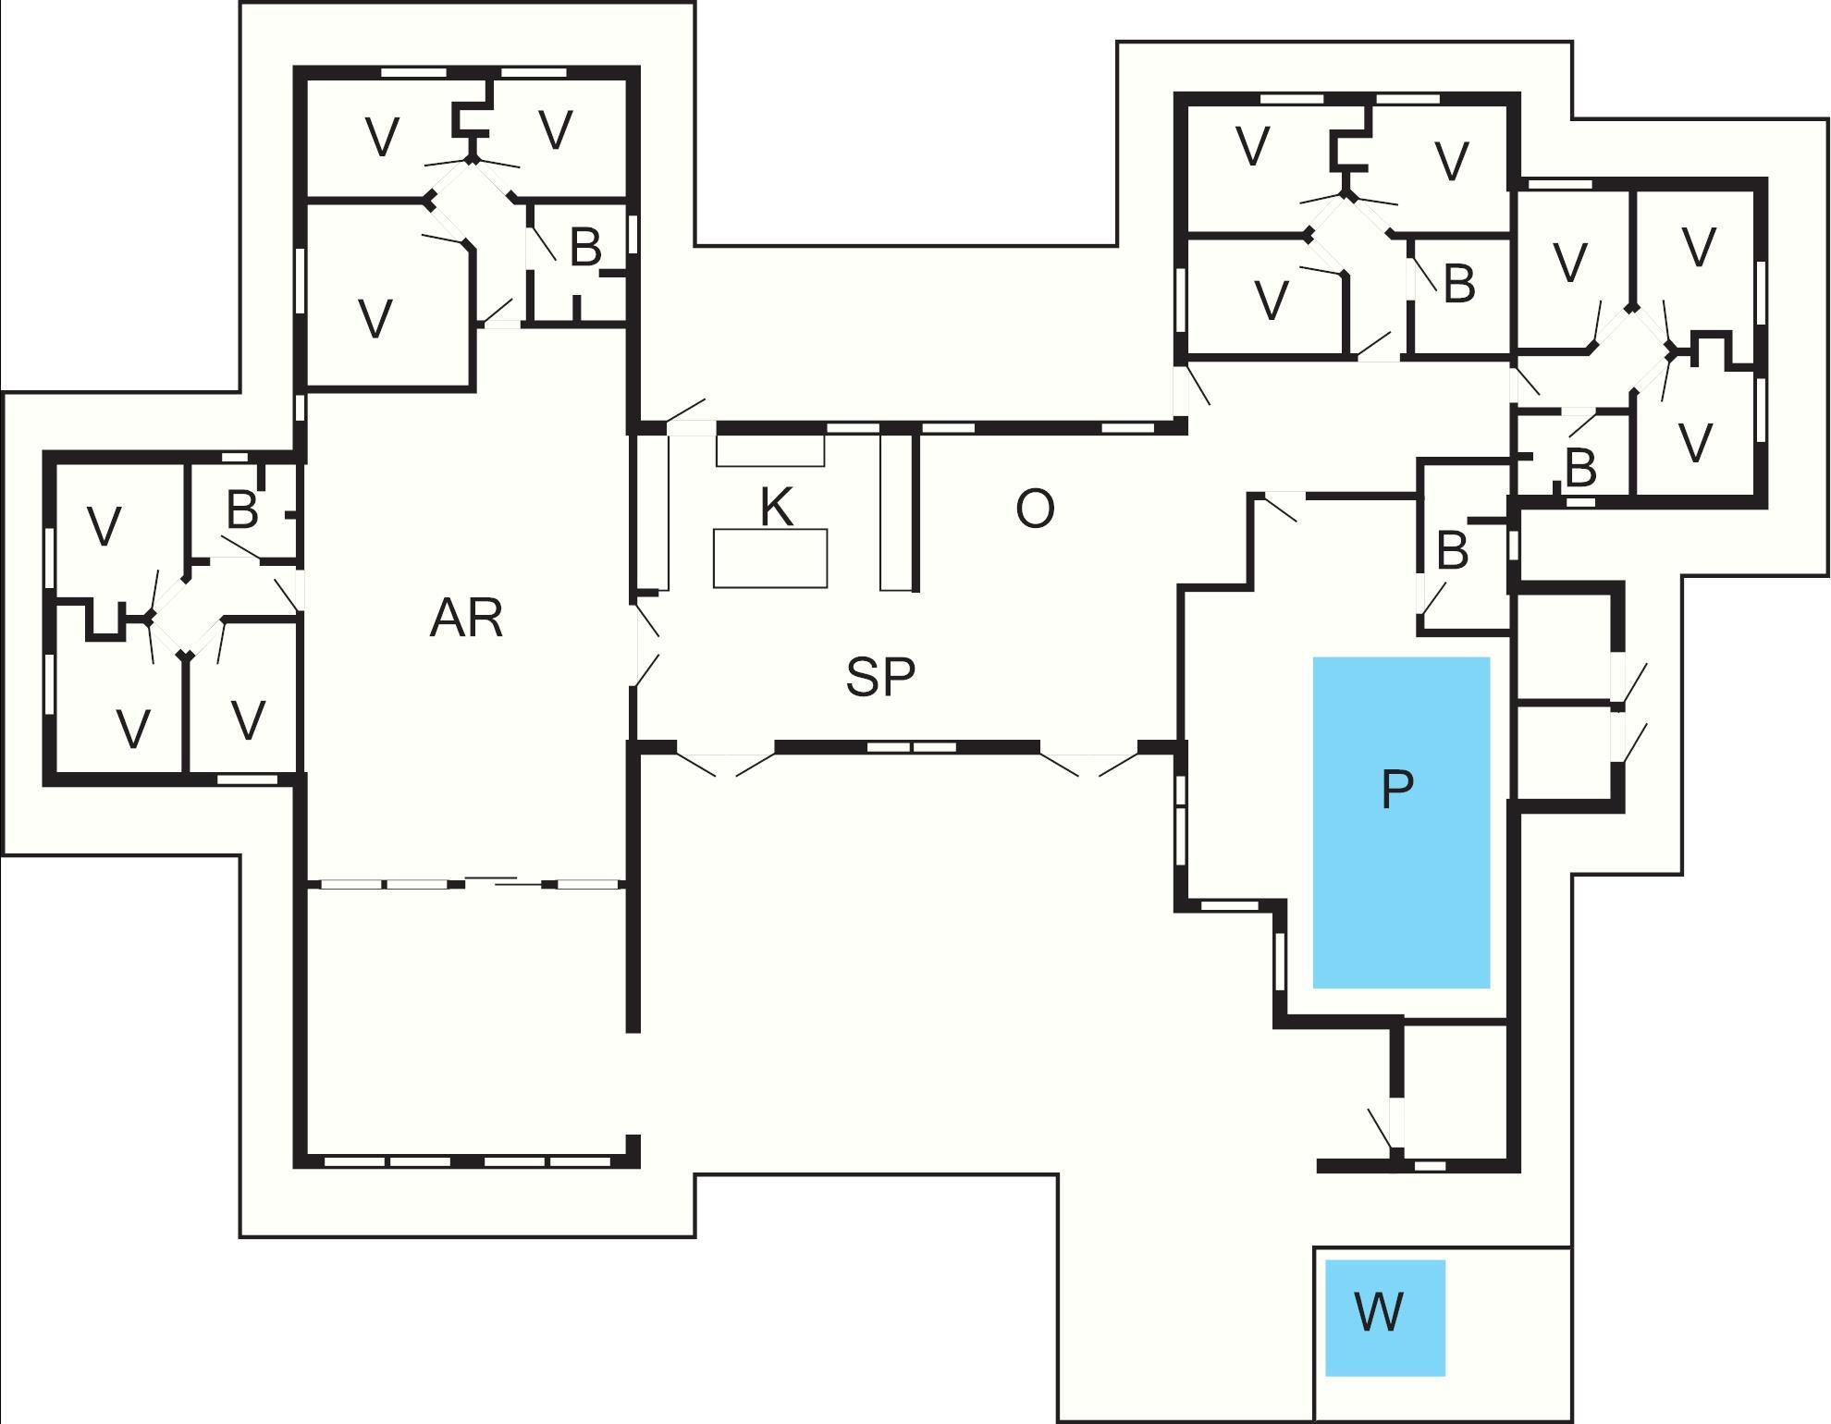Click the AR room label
click(x=466, y=619)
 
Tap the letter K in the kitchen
click(x=776, y=507)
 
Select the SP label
click(x=880, y=677)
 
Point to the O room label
click(x=1035, y=509)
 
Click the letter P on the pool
click(x=1396, y=789)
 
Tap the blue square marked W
click(x=1384, y=1317)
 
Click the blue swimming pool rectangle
click(x=1401, y=888)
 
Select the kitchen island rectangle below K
click(x=770, y=559)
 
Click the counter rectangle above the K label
click(x=770, y=450)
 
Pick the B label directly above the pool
click(x=1452, y=551)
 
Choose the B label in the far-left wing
click(x=242, y=510)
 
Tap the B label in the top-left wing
click(x=585, y=248)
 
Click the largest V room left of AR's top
click(x=375, y=319)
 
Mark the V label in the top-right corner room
click(x=1698, y=247)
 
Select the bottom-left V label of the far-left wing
click(x=133, y=729)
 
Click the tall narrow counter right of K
click(x=895, y=511)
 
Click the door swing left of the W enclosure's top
click(x=1380, y=1128)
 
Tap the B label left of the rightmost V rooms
click(x=1580, y=469)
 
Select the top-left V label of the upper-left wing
click(x=382, y=138)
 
